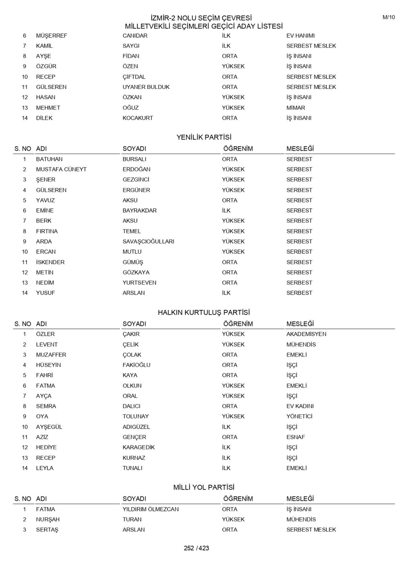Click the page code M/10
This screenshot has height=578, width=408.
pos(389,17)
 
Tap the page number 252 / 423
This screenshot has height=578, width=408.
pos(196,548)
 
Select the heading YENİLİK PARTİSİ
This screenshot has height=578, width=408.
pos(204,137)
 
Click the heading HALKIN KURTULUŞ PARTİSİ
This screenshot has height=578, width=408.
pos(204,312)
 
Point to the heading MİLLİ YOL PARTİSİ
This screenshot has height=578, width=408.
pos(204,487)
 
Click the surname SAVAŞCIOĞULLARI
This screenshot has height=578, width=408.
pos(148,242)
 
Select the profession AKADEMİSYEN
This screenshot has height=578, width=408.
pos(306,334)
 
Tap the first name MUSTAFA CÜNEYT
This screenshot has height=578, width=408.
pos(61,169)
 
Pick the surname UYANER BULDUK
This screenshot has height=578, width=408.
pos(146,87)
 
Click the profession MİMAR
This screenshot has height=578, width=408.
pos(295,108)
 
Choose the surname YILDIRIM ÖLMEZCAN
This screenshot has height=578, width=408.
pos(150,509)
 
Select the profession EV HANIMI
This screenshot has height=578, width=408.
pos(300,36)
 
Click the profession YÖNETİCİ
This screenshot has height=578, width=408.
pos(299,416)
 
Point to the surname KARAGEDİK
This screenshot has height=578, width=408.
pos(138,447)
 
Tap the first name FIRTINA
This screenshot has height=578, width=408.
pos(47,231)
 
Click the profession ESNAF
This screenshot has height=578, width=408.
pos(295,437)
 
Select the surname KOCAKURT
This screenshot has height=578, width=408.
pos(138,118)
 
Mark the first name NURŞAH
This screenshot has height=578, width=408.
pos(48,519)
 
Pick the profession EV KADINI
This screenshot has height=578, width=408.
pos(300,406)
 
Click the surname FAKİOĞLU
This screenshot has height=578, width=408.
pos(136,365)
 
